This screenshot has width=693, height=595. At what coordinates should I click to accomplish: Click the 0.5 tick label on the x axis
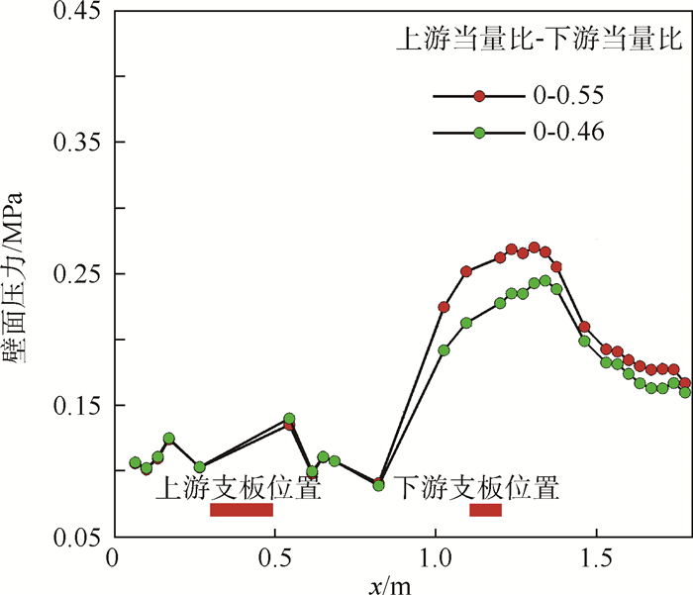[273, 559]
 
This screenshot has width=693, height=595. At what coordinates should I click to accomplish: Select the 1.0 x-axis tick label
[435, 559]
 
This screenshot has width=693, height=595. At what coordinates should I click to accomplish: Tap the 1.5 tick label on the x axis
[596, 559]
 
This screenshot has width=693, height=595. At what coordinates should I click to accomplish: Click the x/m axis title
[390, 583]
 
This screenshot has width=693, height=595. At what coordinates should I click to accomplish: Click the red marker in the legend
[479, 96]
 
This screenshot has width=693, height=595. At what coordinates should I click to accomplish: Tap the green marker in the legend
[479, 132]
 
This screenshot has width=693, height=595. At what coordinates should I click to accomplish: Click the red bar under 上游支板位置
[241, 510]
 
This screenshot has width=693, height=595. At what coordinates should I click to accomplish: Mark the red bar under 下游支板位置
[485, 510]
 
